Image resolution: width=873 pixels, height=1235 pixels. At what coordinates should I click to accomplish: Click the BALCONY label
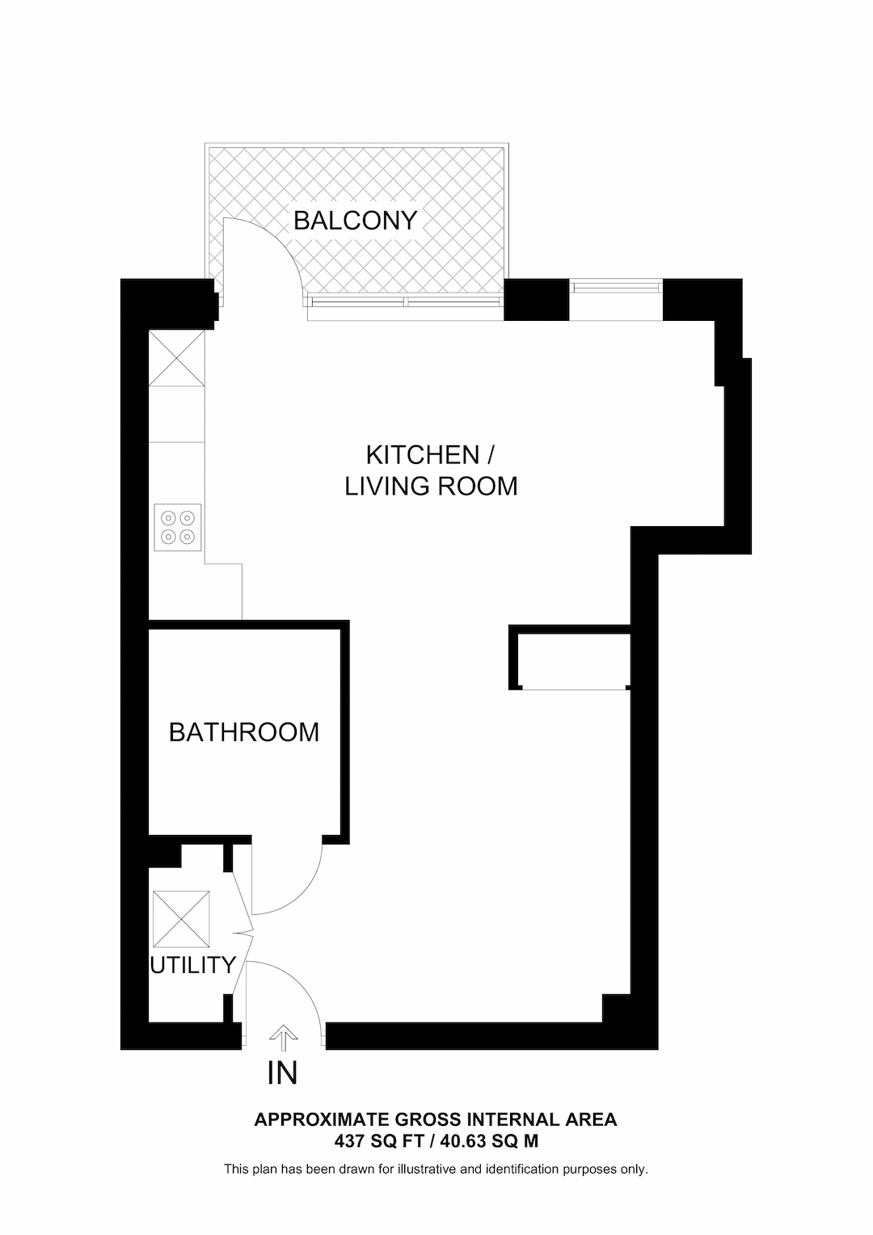[x=355, y=220]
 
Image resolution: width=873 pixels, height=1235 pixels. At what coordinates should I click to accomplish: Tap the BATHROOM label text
[x=243, y=732]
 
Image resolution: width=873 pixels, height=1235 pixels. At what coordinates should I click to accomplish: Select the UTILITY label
[x=192, y=965]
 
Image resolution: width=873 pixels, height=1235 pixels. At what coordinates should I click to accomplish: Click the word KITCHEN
[x=422, y=455]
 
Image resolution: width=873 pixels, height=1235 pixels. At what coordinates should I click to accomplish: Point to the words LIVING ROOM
[x=431, y=487]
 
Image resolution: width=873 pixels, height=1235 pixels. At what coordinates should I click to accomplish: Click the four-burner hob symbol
[x=178, y=526]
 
